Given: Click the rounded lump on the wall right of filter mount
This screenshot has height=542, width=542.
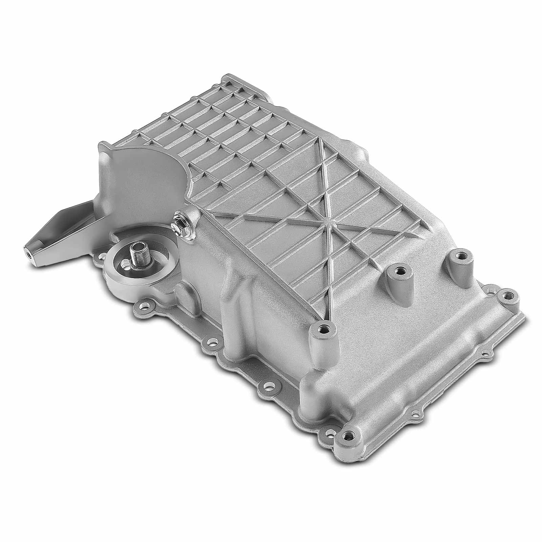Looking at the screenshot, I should tap(185, 291).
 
